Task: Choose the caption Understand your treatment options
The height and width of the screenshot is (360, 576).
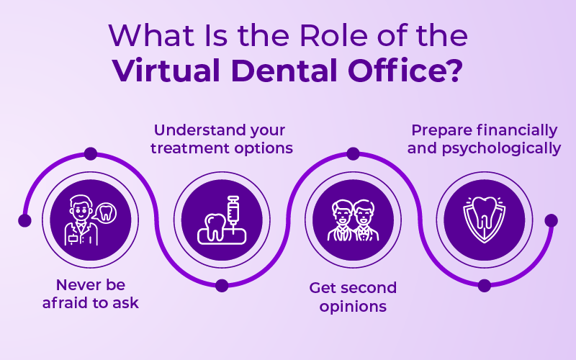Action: (x=220, y=139)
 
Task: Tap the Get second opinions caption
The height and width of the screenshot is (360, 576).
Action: (x=353, y=297)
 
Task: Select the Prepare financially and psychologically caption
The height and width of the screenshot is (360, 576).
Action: (x=484, y=139)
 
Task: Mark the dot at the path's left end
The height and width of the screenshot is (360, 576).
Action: (x=24, y=220)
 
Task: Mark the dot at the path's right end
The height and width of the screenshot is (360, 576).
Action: (x=551, y=220)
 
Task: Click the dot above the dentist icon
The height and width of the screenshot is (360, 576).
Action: (x=91, y=153)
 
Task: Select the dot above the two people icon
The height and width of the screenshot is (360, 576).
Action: (x=353, y=153)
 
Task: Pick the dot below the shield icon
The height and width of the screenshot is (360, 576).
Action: (x=485, y=286)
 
